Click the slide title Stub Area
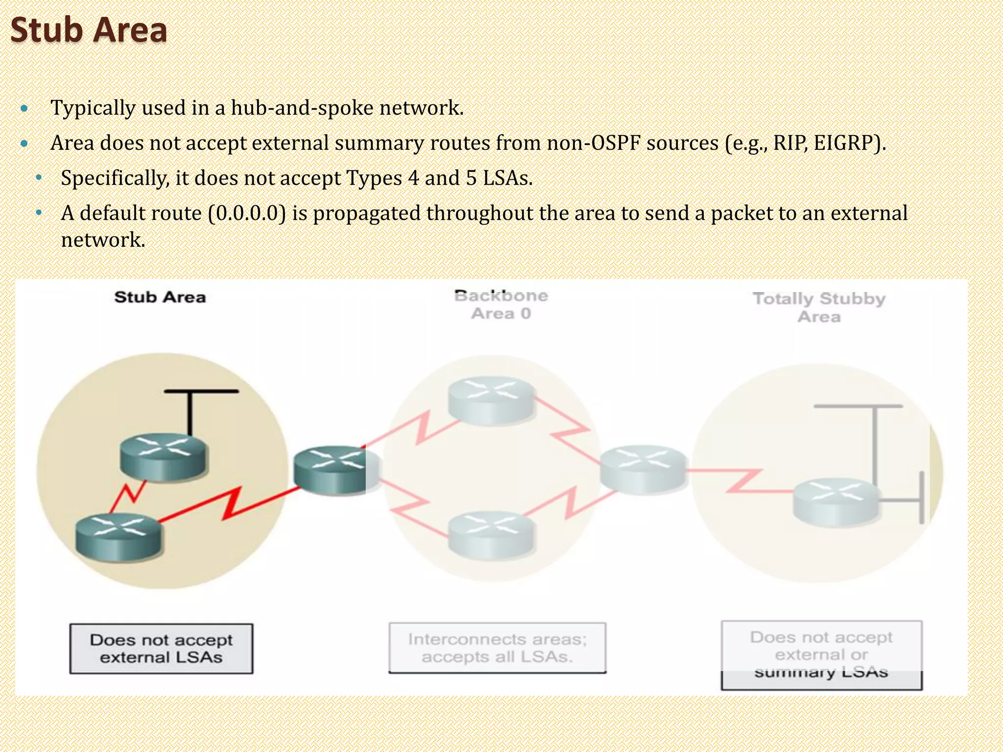tap(89, 30)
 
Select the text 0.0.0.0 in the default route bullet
tap(247, 213)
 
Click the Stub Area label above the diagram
tap(160, 297)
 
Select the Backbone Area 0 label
tap(501, 304)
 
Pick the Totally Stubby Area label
tap(819, 307)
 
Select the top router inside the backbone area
tap(491, 399)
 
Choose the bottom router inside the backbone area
tap(491, 534)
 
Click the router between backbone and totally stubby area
tap(643, 469)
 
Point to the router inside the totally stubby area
tap(836, 502)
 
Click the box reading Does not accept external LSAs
tap(161, 649)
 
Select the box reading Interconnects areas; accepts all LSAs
tap(497, 648)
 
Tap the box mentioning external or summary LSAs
tap(821, 655)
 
